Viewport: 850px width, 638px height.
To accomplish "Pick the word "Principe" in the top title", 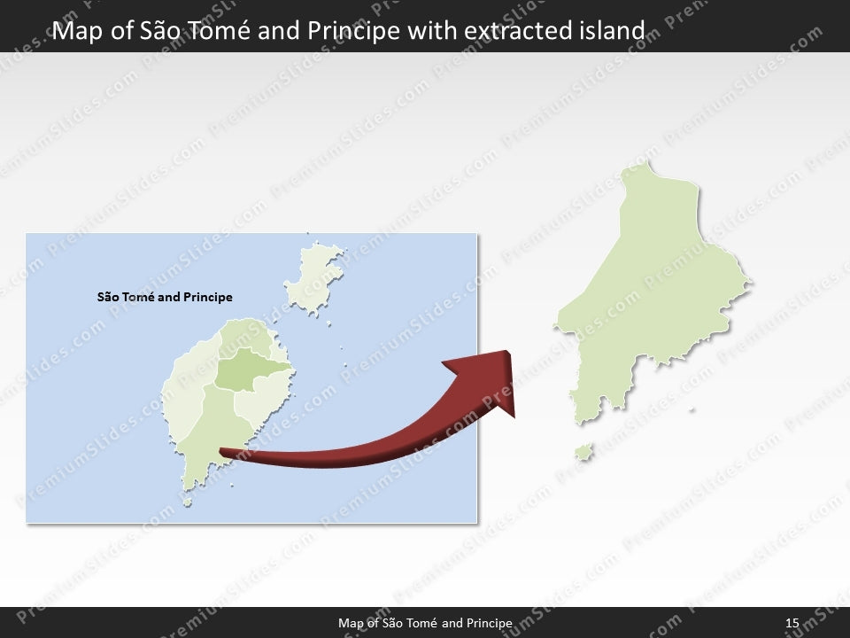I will [x=350, y=32].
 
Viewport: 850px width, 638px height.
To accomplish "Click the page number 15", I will [x=792, y=625].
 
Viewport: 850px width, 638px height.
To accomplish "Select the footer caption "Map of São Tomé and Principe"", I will [x=425, y=625].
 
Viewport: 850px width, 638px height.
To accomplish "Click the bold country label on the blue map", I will [x=165, y=298].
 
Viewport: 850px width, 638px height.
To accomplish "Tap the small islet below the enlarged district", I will [x=583, y=453].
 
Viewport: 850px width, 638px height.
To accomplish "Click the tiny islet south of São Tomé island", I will [x=187, y=502].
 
